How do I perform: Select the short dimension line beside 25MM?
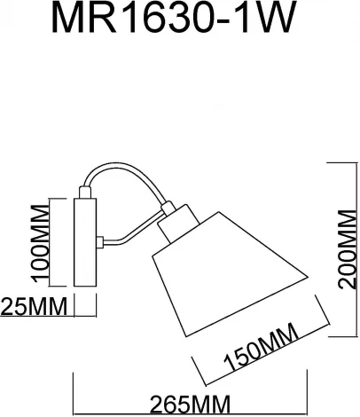(x=86, y=308)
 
